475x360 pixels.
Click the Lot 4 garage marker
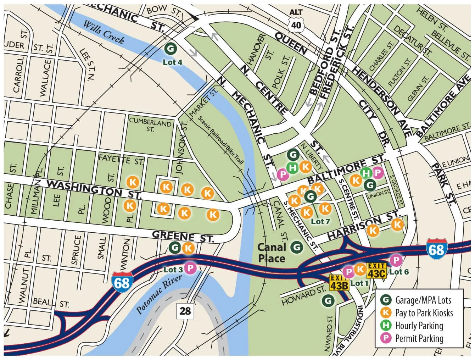pos(170,48)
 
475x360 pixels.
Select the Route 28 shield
pos(185,311)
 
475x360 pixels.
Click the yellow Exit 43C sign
pos(376,270)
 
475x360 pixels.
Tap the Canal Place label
pos(272,253)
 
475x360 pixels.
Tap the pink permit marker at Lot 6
pos(396,260)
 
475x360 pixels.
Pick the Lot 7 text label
pos(320,221)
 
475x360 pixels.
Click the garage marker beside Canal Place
pos(296,247)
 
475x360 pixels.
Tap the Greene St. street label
pos(183,237)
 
